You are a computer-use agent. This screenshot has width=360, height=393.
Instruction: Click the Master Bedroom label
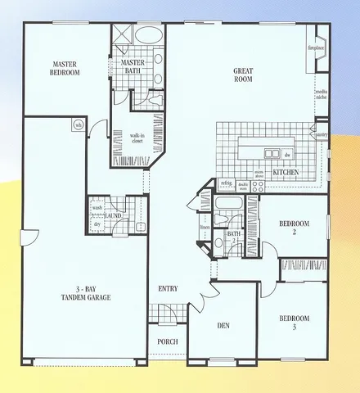pyautogui.click(x=65, y=68)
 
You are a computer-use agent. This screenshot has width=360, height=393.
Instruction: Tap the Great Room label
pyautogui.click(x=245, y=74)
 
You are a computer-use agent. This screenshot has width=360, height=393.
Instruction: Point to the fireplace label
pyautogui.click(x=317, y=47)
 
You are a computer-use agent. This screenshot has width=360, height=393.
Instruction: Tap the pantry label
pyautogui.click(x=321, y=135)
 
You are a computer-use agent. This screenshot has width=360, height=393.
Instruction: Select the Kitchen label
pyautogui.click(x=284, y=173)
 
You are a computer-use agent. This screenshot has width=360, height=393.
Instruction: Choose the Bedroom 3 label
pyautogui.click(x=294, y=322)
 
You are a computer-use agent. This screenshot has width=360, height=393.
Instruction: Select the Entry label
pyautogui.click(x=169, y=289)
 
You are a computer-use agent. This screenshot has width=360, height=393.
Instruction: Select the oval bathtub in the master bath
pyautogui.click(x=148, y=35)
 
